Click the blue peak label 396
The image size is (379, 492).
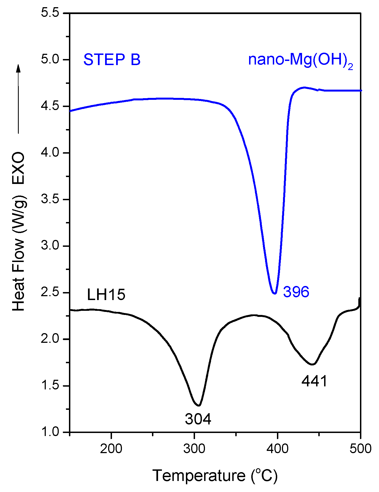click(x=296, y=292)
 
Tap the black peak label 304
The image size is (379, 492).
click(x=198, y=419)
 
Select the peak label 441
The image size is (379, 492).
click(x=314, y=381)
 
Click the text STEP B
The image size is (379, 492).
click(x=112, y=60)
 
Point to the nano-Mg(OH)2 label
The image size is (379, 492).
click(x=300, y=60)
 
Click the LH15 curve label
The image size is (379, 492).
click(x=106, y=294)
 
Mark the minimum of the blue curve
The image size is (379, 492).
click(x=274, y=293)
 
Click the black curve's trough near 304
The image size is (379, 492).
click(x=199, y=405)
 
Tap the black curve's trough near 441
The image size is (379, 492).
click(x=312, y=364)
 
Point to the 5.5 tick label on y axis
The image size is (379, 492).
click(x=50, y=13)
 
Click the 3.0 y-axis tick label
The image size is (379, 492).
click(x=50, y=246)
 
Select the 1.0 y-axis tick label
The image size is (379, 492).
click(x=50, y=432)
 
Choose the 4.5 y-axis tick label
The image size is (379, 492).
click(x=50, y=106)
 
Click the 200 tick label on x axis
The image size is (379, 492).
click(x=111, y=449)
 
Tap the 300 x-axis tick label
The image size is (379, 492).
click(x=194, y=449)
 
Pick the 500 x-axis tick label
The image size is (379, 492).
click(x=360, y=449)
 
